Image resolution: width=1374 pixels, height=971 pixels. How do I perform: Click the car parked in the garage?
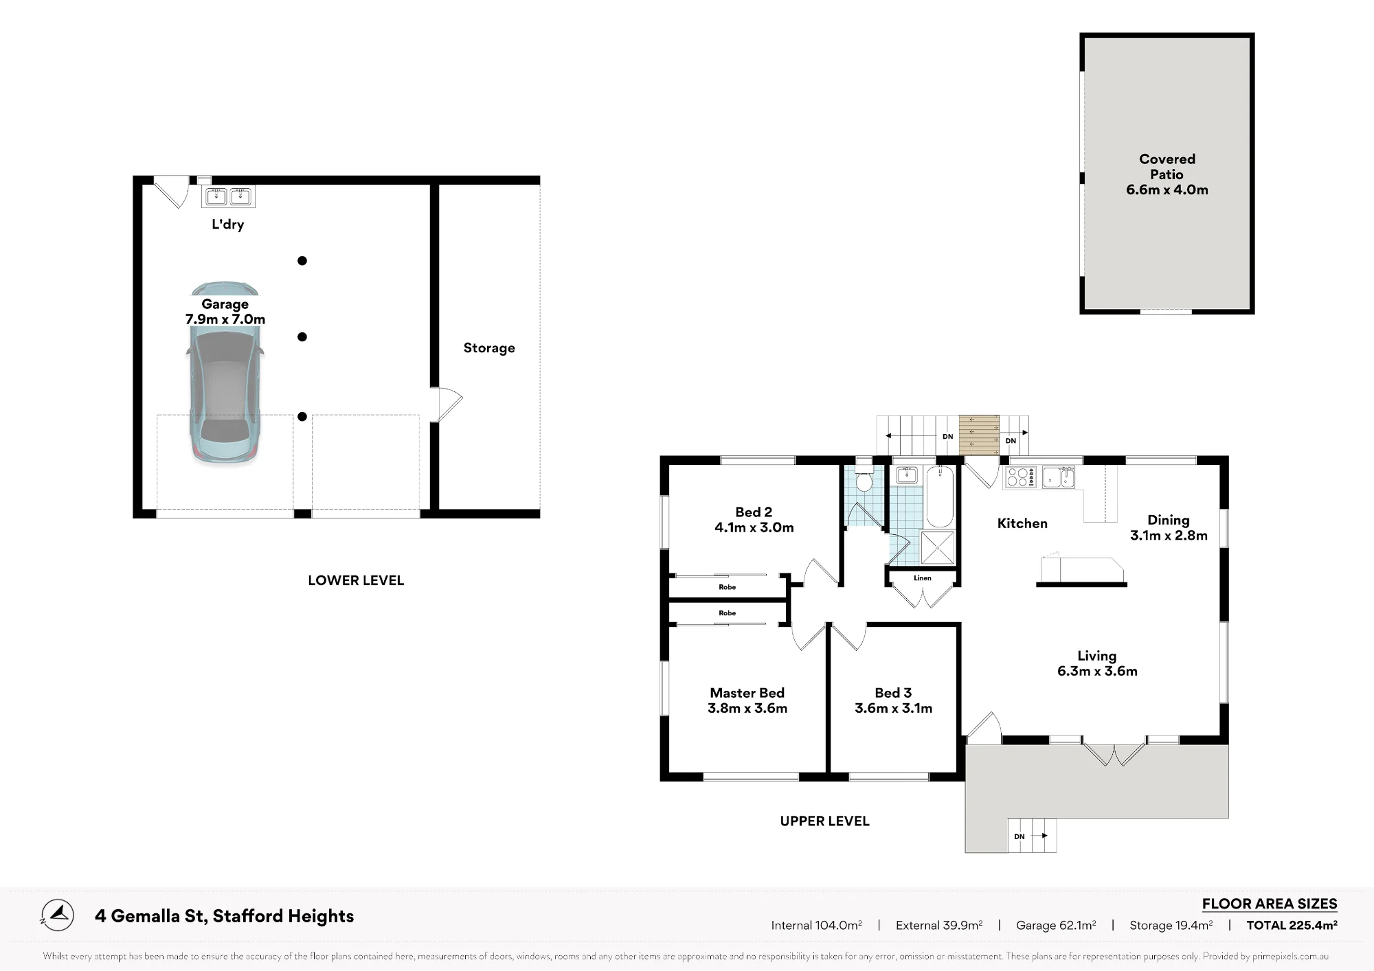(x=225, y=373)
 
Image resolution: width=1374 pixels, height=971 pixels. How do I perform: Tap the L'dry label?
(x=227, y=224)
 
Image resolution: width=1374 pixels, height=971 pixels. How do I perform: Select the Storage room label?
(x=489, y=348)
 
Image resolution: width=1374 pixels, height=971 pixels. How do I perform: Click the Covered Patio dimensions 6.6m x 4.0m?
(x=1167, y=190)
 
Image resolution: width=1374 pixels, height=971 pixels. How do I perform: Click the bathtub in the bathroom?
(x=941, y=496)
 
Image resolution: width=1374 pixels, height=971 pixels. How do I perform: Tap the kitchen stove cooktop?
(x=1021, y=477)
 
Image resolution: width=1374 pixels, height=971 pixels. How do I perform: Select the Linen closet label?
(x=923, y=578)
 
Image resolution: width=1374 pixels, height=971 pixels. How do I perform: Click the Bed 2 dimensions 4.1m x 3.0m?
(x=754, y=527)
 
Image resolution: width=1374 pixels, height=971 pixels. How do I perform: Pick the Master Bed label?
(x=747, y=693)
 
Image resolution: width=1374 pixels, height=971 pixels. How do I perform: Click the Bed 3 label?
(x=893, y=693)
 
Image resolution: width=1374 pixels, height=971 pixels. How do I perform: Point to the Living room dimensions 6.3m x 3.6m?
(x=1097, y=671)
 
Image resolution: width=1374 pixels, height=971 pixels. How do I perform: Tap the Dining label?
(x=1169, y=520)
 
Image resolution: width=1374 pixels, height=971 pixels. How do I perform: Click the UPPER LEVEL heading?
(x=824, y=821)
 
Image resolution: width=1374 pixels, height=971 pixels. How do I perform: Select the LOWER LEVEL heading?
(x=356, y=580)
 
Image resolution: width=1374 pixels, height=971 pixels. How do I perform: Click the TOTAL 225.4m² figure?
(x=1292, y=925)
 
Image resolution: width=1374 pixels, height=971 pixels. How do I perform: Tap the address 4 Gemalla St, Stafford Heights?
(x=225, y=916)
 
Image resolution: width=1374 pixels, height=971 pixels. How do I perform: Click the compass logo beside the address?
(x=58, y=915)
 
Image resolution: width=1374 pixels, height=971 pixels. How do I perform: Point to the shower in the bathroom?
(x=937, y=547)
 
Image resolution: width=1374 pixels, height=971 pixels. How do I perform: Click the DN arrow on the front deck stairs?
(x=1044, y=836)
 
